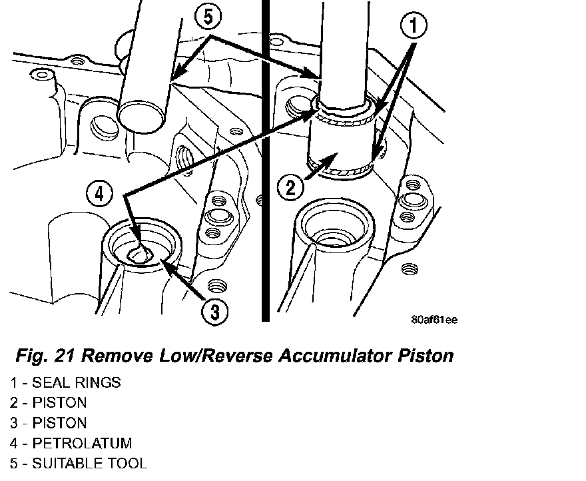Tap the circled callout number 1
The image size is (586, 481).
(x=414, y=27)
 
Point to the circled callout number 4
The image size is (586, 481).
(x=99, y=195)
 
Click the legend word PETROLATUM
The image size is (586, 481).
(x=82, y=443)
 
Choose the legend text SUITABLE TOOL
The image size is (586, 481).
(x=89, y=463)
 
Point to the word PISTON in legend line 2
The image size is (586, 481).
(x=59, y=403)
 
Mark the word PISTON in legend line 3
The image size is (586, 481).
(x=59, y=423)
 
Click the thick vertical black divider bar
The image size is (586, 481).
(x=265, y=160)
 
